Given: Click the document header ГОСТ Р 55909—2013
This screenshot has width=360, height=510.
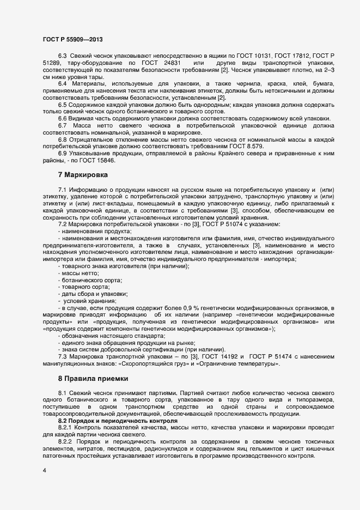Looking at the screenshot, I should [x=72, y=40].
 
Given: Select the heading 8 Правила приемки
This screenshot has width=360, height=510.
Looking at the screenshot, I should [x=94, y=378].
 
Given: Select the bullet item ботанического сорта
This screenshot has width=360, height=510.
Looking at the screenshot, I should [x=91, y=280].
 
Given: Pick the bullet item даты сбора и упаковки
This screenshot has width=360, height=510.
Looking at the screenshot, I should [x=94, y=294].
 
